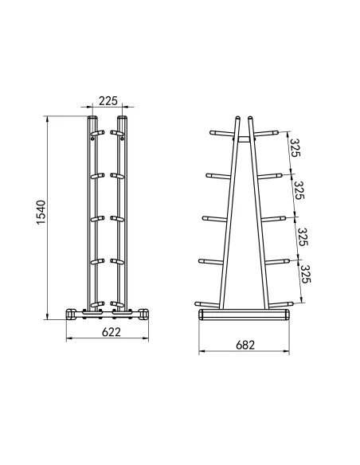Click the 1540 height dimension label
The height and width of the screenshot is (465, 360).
pos(41,213)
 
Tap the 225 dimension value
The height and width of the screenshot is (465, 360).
pos(108,101)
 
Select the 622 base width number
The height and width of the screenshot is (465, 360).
pos(112,332)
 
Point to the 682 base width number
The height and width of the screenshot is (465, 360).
pos(245,345)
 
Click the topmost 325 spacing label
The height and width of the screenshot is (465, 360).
pos(295,147)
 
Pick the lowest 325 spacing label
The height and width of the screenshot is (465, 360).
pos(305,274)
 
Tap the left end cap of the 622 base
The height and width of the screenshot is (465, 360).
pos(71,314)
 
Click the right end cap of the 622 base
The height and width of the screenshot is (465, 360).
pos(144,314)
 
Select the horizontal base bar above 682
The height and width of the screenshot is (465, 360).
pos(244,315)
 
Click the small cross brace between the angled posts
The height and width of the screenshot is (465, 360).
pos(244,139)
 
